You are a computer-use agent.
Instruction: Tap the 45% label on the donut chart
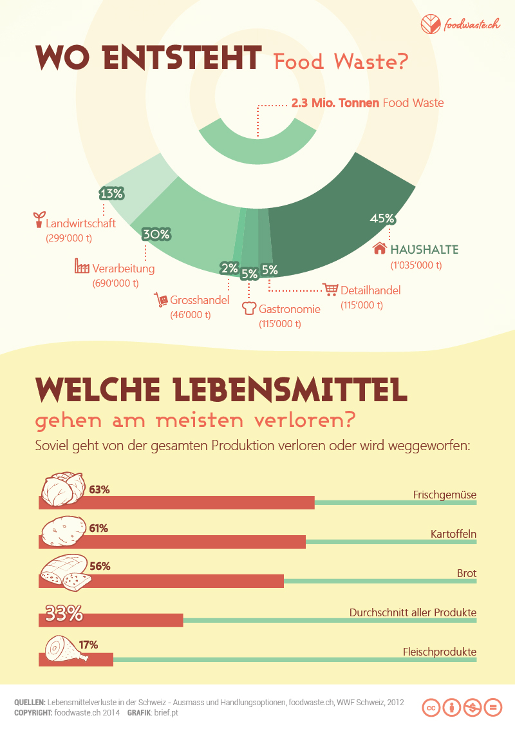382,218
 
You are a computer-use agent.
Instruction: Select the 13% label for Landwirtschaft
111,193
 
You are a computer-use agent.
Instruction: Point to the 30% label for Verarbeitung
156,234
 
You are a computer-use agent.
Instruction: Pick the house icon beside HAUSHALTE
380,249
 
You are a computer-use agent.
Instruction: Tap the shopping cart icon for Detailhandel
331,290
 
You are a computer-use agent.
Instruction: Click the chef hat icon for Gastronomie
249,309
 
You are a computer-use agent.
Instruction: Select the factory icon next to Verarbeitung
82,267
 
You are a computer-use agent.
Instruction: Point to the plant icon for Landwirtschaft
39,220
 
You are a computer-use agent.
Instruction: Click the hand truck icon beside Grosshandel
160,299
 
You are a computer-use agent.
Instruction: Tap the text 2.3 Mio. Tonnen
335,103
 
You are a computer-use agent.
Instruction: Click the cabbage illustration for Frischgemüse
62,490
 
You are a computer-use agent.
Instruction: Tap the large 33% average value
64,614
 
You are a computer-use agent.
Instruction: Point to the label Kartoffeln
453,534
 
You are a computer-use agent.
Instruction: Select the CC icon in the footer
431,706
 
